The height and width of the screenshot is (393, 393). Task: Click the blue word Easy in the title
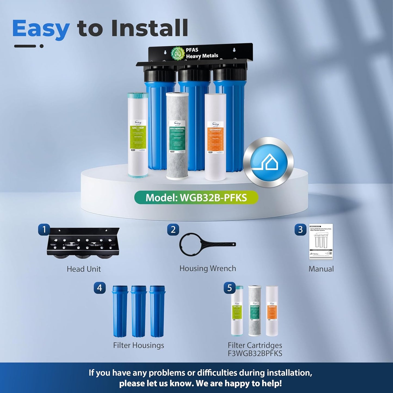click(x=41, y=29)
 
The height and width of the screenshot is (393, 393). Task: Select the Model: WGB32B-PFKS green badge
click(x=196, y=197)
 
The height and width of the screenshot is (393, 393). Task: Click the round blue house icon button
click(x=268, y=162)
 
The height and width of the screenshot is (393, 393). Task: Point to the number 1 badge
click(x=44, y=230)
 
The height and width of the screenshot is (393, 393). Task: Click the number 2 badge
click(x=173, y=230)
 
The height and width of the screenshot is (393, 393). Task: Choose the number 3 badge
click(x=300, y=230)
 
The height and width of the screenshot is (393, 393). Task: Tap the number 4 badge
click(x=100, y=288)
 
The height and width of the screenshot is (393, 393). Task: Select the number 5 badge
click(x=229, y=288)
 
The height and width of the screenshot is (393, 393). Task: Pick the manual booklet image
click(x=321, y=242)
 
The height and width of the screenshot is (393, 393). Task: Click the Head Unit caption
click(x=84, y=269)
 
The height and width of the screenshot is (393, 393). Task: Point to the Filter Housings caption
click(x=138, y=345)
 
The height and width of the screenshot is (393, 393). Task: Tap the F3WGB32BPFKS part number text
click(x=255, y=353)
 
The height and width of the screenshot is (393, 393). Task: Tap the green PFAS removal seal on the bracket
click(x=178, y=53)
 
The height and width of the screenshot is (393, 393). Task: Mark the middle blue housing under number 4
click(x=139, y=311)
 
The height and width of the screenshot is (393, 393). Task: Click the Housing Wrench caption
click(x=208, y=268)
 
